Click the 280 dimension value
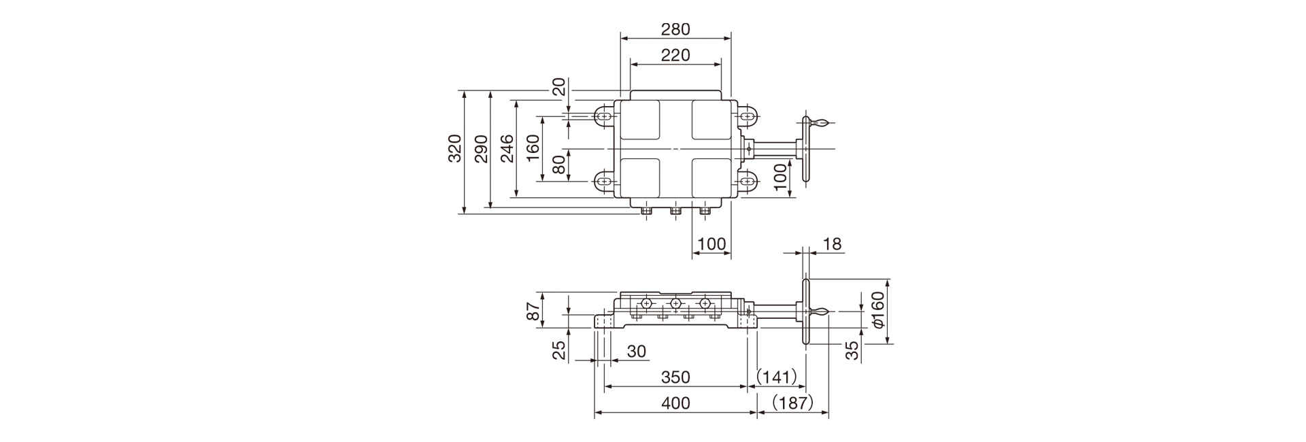pyautogui.click(x=675, y=29)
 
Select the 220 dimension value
pyautogui.click(x=675, y=55)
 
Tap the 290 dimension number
pyautogui.click(x=481, y=148)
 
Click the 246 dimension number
pyautogui.click(x=507, y=148)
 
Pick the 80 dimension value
pyautogui.click(x=558, y=165)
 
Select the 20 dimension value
pyautogui.click(x=558, y=87)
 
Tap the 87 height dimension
pyautogui.click(x=534, y=311)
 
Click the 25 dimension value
pyautogui.click(x=558, y=350)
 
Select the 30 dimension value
pyautogui.click(x=636, y=352)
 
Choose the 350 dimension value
pyautogui.click(x=675, y=377)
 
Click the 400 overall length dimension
pyautogui.click(x=675, y=403)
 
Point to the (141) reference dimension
pyautogui.click(x=777, y=377)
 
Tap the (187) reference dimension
pyautogui.click(x=793, y=403)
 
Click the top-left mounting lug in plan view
pyautogui.click(x=604, y=117)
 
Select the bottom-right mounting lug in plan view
pyautogui.click(x=747, y=181)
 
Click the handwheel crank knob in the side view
pyautogui.click(x=820, y=312)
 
